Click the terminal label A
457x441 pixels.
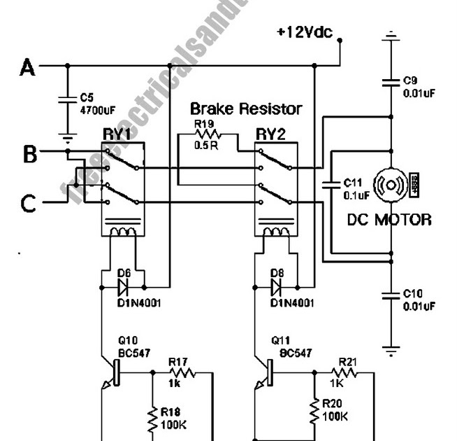(27, 67)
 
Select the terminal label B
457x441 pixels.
(29, 153)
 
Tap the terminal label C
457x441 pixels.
(28, 203)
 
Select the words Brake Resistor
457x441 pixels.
(246, 109)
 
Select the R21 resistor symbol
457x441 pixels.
(347, 372)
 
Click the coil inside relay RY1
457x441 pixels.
(124, 231)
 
